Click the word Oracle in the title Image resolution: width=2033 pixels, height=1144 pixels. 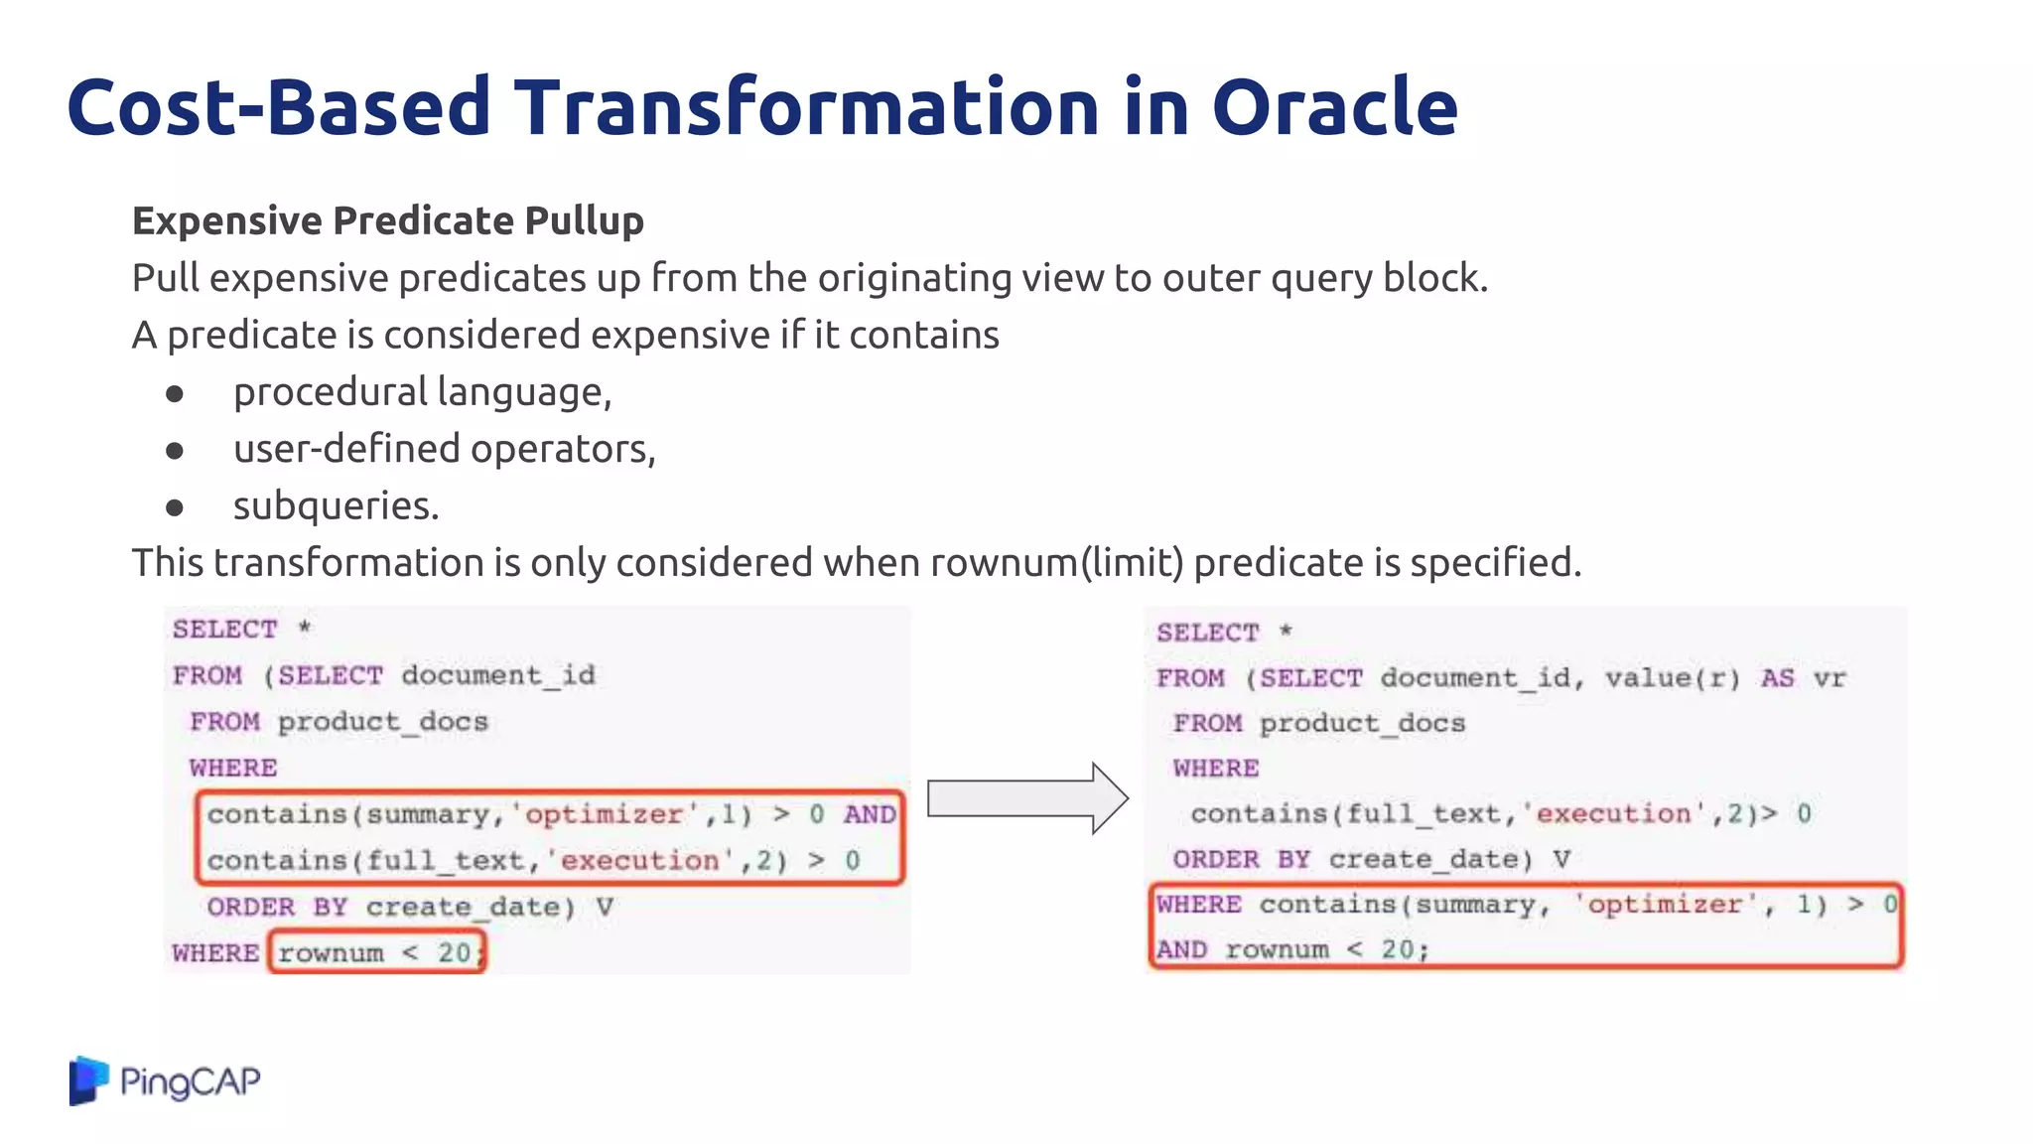tap(1334, 107)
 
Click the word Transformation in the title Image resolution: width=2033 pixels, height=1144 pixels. tap(806, 107)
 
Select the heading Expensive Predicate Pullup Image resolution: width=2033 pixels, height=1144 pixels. tap(388, 220)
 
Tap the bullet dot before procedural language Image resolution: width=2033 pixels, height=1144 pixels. tap(175, 394)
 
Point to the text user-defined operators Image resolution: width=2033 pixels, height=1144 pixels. tap(444, 449)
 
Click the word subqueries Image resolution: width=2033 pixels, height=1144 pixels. tap(336, 506)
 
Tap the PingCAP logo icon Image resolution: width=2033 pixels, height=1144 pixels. tap(88, 1080)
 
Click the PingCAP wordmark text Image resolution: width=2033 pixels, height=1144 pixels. tap(190, 1080)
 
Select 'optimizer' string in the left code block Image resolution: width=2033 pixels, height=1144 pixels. tap(604, 814)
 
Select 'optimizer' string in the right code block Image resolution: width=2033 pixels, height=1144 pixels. tap(1665, 905)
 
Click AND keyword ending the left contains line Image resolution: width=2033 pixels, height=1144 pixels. tap(870, 814)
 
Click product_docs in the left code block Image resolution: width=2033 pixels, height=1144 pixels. tap(382, 722)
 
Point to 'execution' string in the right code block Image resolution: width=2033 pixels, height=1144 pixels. tap(1613, 814)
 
